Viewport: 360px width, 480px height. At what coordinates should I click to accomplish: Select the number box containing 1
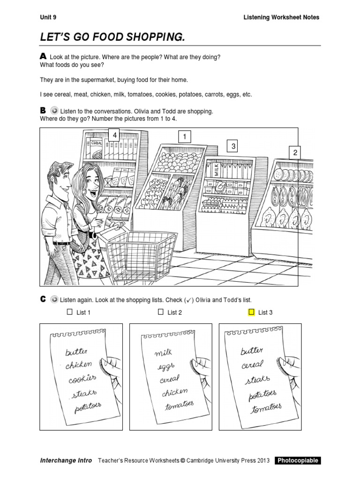tap(185, 137)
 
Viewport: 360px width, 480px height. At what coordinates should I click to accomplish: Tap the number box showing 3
tap(233, 147)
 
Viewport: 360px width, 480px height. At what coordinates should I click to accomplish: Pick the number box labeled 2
tap(295, 152)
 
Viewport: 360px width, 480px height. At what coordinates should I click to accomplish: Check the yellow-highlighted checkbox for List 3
tap(251, 312)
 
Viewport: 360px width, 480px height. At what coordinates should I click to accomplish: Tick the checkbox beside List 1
tap(69, 312)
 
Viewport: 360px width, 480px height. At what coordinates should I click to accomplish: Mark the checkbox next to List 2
tap(161, 312)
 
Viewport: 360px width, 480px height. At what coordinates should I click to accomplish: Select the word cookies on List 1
tap(82, 378)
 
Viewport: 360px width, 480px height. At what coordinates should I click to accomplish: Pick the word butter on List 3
tap(252, 351)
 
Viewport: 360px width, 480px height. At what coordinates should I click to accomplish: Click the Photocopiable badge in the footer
tap(298, 460)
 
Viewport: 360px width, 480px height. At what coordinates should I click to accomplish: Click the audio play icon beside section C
tap(54, 300)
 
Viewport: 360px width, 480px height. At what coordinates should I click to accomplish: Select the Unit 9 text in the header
tap(48, 17)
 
